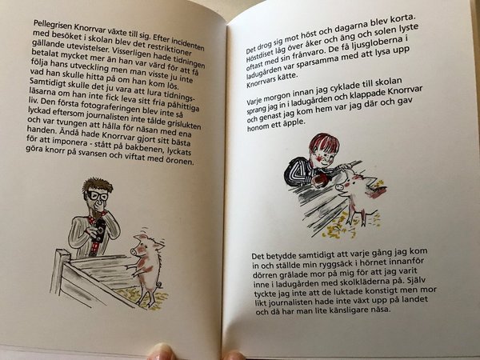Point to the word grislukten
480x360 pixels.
click(x=183, y=125)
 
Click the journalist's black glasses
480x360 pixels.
click(x=98, y=195)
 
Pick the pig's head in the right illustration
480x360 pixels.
click(x=347, y=185)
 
